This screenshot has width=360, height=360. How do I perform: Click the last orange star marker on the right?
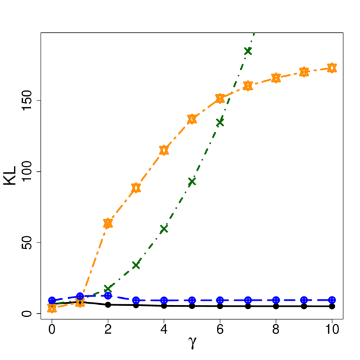pos(332,68)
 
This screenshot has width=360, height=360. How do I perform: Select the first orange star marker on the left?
pos(52,308)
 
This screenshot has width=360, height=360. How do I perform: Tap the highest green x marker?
pos(248,51)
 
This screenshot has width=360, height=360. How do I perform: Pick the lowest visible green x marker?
pos(108,289)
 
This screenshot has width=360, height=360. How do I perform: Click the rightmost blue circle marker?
pos(332,300)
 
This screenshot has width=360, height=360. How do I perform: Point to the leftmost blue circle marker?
pos(52,300)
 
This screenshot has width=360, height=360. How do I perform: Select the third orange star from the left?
pos(108,223)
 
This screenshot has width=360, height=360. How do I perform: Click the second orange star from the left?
pos(80,302)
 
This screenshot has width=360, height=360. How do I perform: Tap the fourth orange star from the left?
pos(136,187)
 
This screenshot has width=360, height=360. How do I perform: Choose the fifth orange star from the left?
pos(164,150)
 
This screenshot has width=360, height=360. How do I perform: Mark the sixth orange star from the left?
pos(192,119)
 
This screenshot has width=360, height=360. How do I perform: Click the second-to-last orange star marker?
pos(304,72)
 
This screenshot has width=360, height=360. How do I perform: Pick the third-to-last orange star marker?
pos(276,78)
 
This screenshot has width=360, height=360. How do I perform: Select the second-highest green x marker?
pos(220,122)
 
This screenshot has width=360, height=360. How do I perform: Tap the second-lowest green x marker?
pos(136,264)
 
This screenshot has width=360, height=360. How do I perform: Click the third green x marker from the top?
pos(192,181)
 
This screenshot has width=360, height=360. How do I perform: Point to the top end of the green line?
pos(255,33)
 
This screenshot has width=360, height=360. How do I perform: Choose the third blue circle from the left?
pos(108,295)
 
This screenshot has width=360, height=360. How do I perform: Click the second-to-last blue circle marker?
pos(304,300)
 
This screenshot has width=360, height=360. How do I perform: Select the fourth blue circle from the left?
pos(136,300)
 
